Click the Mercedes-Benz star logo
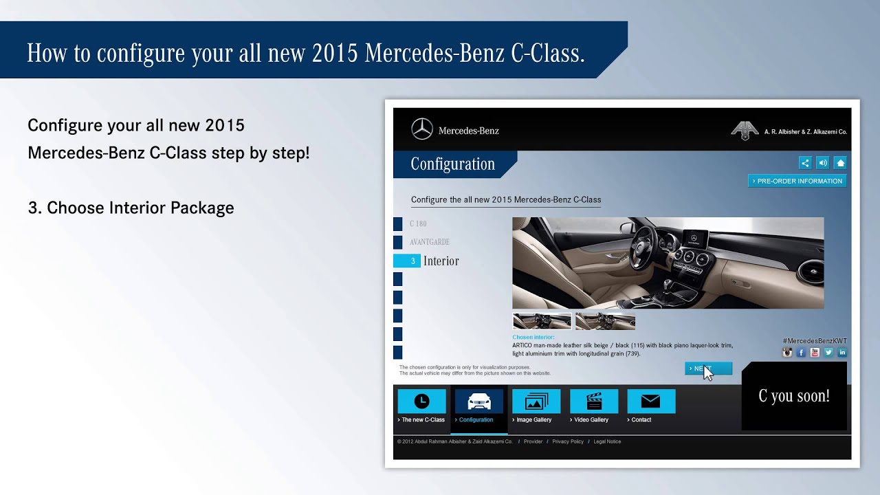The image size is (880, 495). (422, 129)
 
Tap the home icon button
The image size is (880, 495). (840, 163)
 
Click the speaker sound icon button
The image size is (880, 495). (823, 163)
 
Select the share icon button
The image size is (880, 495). (805, 163)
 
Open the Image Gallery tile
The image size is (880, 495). (536, 401)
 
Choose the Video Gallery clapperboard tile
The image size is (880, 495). (593, 401)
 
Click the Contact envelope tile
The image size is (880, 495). (650, 401)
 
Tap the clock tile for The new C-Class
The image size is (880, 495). (421, 401)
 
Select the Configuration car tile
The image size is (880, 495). (479, 401)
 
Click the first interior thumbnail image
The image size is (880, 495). (542, 321)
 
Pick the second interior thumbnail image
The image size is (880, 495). (605, 321)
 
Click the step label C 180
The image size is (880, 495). (418, 224)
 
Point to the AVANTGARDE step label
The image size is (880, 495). (430, 242)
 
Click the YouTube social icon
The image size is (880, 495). (815, 353)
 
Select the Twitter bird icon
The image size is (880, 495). (828, 353)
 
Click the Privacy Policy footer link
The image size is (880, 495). (568, 441)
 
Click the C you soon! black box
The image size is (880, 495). (794, 396)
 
